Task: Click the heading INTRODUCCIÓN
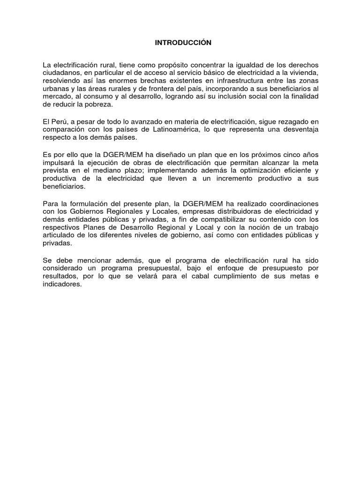(x=183, y=43)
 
